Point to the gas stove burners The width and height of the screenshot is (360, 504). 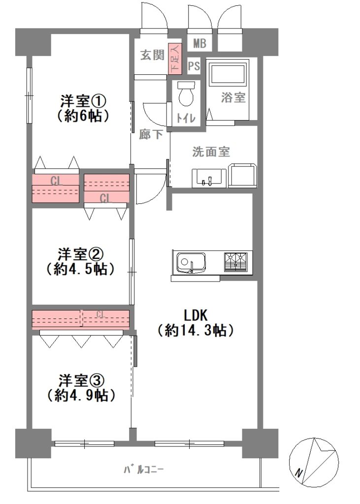tap(236, 262)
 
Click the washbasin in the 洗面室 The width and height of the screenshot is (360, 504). tap(207, 177)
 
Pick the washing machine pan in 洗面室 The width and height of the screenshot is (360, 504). tap(243, 175)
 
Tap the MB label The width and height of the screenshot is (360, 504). tap(199, 43)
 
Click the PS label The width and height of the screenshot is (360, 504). tap(194, 66)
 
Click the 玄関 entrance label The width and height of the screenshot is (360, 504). tap(153, 55)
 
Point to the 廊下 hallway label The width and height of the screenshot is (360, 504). tap(151, 134)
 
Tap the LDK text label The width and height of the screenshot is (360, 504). tap(196, 315)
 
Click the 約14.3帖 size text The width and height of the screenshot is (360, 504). tap(196, 330)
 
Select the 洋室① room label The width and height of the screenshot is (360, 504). tap(83, 101)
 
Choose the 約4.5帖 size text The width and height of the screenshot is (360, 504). tap(80, 269)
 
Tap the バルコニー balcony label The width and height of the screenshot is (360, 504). tap(144, 470)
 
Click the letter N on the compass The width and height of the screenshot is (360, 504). tap(299, 473)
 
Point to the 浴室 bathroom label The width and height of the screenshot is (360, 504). tap(233, 97)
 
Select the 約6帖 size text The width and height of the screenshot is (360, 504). tap(83, 116)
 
